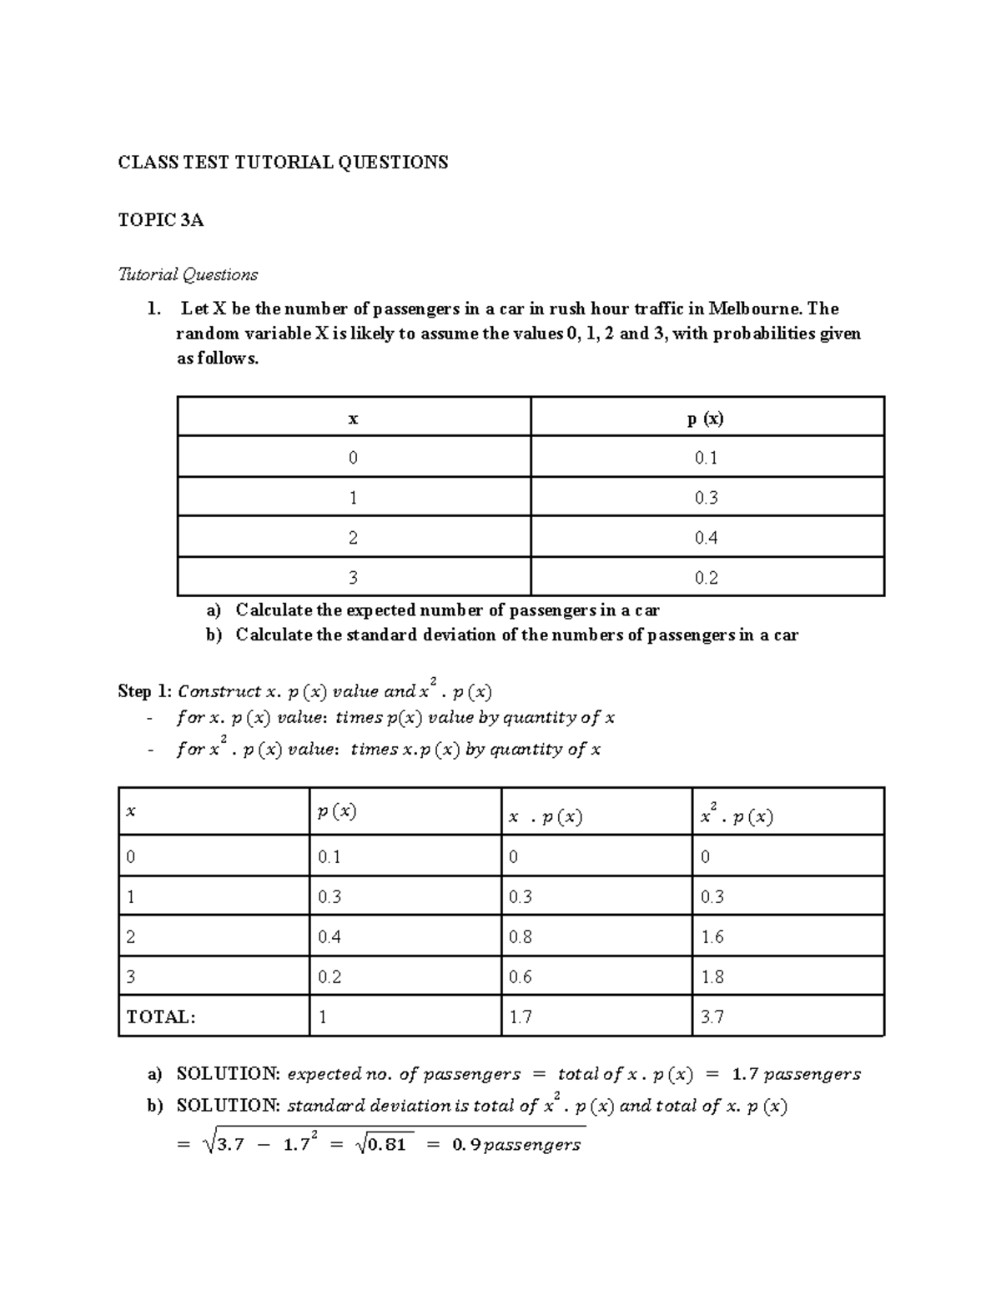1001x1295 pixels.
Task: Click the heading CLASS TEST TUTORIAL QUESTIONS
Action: [x=283, y=163]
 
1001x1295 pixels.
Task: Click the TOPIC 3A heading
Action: [x=161, y=220]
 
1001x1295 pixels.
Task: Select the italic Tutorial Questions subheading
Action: [x=189, y=274]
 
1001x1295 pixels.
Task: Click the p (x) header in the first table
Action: [x=706, y=419]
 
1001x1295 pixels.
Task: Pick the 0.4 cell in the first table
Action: [x=706, y=538]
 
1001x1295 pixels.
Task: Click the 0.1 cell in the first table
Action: [x=706, y=458]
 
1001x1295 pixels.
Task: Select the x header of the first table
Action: [x=353, y=419]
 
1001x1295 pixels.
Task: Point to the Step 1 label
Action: [x=146, y=691]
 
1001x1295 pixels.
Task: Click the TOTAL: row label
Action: [x=161, y=1017]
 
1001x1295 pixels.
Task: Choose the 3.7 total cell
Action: [x=712, y=1017]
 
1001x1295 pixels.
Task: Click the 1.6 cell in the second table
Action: [x=712, y=937]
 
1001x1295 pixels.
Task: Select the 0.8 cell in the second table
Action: [x=521, y=937]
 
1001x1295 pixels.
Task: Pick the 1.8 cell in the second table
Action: [x=712, y=977]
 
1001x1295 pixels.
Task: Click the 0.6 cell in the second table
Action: [x=521, y=977]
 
